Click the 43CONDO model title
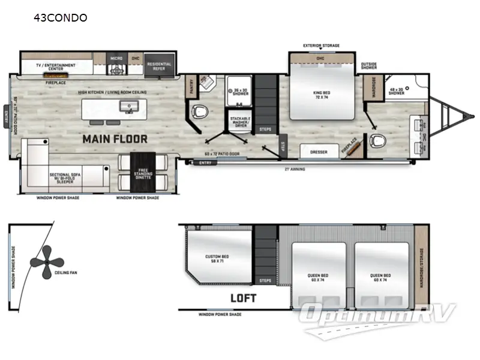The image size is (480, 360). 61,18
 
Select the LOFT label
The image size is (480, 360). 242,298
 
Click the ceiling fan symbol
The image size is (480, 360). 49,263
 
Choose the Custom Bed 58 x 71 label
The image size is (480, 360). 216,259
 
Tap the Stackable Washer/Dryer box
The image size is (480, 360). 240,121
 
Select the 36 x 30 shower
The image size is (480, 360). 240,93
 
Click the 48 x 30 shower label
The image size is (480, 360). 397,92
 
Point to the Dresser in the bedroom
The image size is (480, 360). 319,152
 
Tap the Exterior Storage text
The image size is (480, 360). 322,46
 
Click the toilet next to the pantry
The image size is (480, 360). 200,112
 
